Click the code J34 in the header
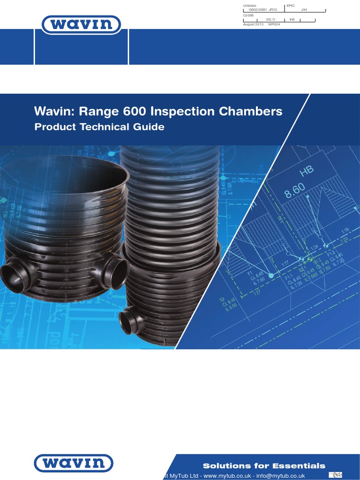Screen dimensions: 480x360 click(x=304, y=9)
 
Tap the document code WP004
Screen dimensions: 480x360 click(x=274, y=23)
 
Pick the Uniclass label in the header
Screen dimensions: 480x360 click(x=248, y=5)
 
